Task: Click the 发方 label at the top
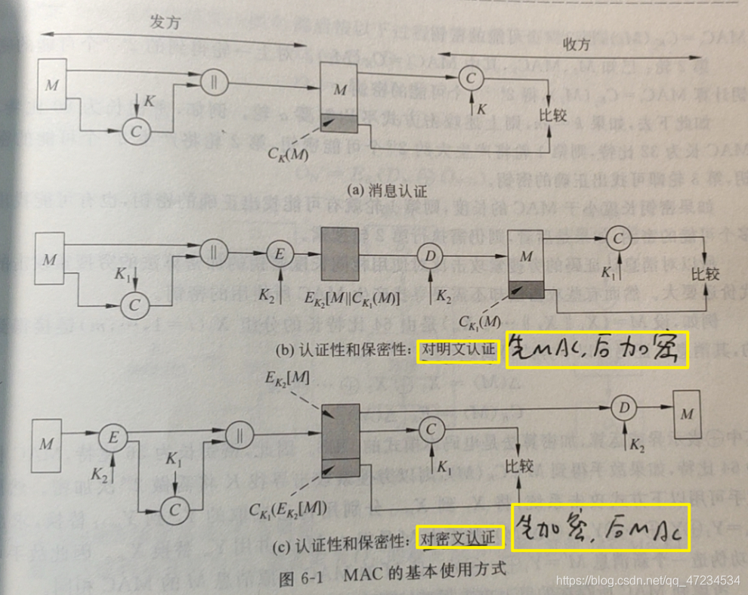(164, 23)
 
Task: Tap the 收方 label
(576, 43)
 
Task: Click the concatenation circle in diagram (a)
(215, 79)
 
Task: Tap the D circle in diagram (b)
(431, 256)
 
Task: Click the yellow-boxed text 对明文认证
(459, 349)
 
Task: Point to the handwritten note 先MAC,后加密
(597, 350)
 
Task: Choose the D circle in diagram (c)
(623, 407)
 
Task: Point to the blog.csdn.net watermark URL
(648, 581)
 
